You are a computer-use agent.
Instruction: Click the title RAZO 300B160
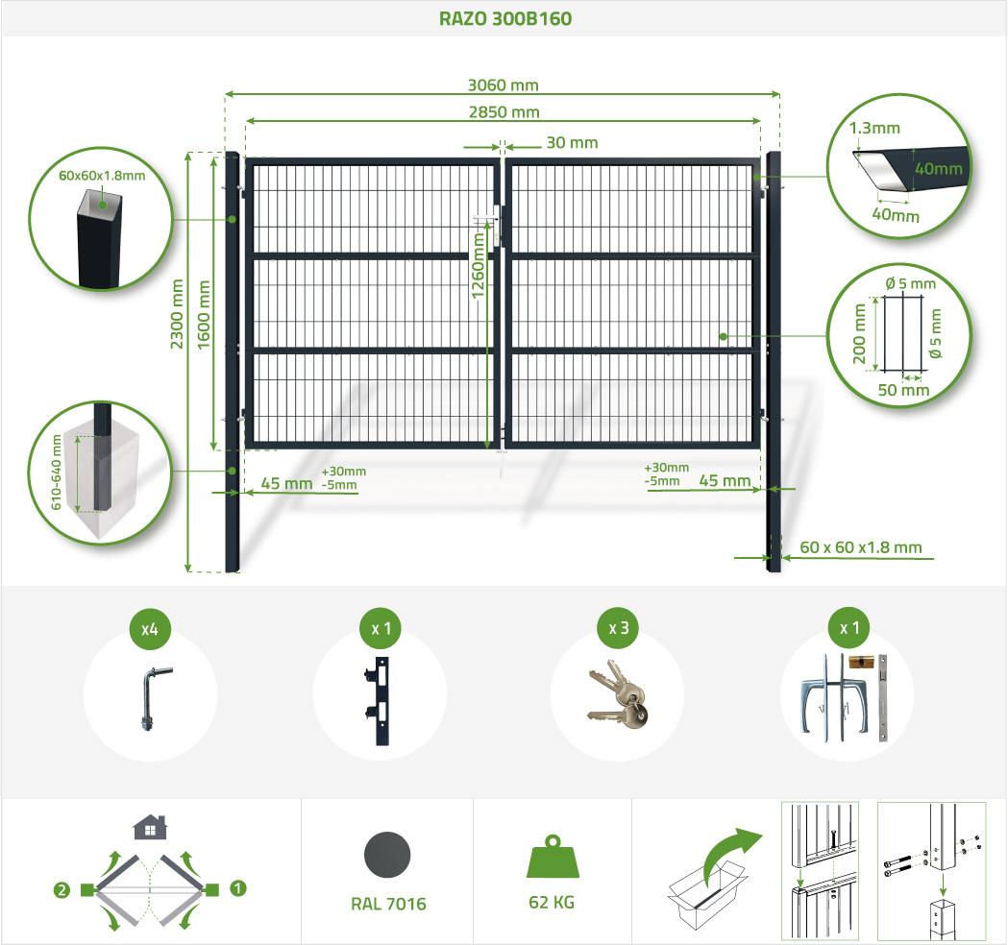pos(504,18)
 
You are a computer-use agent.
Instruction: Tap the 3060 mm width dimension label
pos(503,85)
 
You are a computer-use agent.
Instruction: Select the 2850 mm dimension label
pos(504,111)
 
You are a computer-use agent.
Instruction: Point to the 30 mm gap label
pos(572,143)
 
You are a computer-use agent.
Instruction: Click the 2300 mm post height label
pos(177,313)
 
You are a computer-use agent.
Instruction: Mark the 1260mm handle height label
pos(478,265)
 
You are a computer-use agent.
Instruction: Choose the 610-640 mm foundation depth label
pos(57,472)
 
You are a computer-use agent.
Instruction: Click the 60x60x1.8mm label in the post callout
pos(102,176)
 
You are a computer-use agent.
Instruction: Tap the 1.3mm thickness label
pos(874,128)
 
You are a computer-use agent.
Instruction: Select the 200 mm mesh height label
pos(859,334)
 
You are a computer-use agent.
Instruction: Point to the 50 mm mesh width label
pos(904,390)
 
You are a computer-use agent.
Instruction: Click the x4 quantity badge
pos(150,628)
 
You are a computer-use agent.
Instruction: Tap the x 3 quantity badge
pos(619,628)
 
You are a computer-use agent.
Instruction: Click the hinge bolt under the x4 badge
pos(152,699)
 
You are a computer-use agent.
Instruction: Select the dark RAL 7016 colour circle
pos(387,855)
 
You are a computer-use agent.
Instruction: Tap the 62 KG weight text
pos(552,903)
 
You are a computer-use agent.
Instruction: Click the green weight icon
pos(553,857)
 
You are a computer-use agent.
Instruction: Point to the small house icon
pos(150,828)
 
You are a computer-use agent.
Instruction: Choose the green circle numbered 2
pos(61,890)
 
